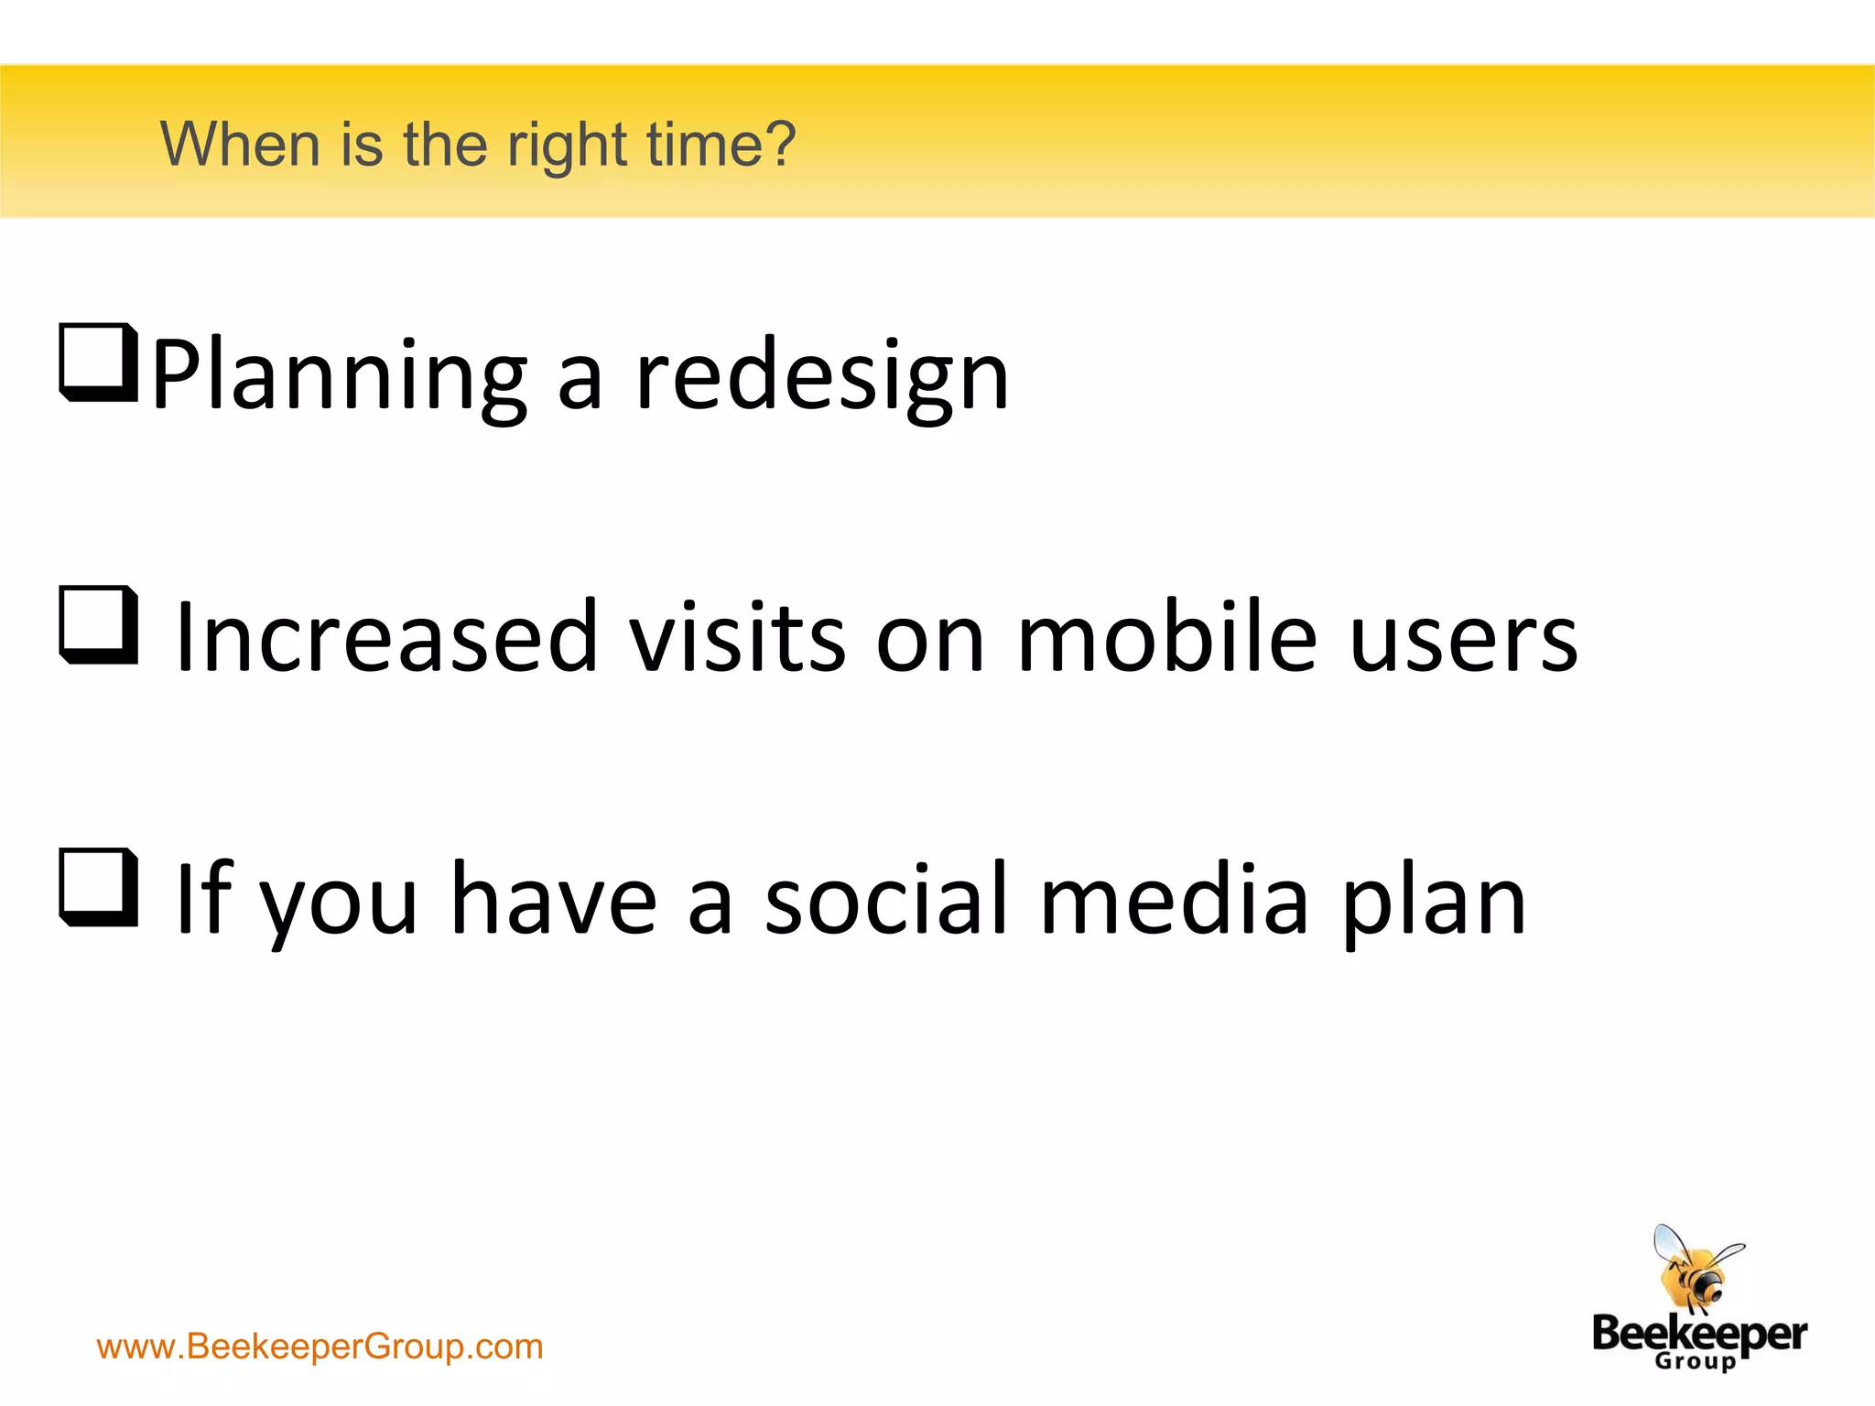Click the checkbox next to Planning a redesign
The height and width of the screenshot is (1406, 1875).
pyautogui.click(x=98, y=362)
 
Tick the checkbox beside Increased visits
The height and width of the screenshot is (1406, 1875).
pyautogui.click(x=98, y=624)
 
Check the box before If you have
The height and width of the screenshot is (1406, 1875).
pyautogui.click(x=98, y=887)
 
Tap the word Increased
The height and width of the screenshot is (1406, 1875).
pyautogui.click(x=385, y=637)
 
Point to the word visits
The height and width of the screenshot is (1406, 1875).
pyautogui.click(x=737, y=637)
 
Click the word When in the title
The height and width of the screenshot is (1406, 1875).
pyautogui.click(x=240, y=145)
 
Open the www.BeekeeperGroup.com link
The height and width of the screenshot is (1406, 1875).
pyautogui.click(x=320, y=1347)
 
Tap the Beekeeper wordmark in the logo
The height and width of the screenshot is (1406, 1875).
pyautogui.click(x=1699, y=1335)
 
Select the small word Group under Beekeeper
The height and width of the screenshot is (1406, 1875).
pyautogui.click(x=1695, y=1361)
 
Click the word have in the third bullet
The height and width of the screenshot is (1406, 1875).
pyautogui.click(x=555, y=901)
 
